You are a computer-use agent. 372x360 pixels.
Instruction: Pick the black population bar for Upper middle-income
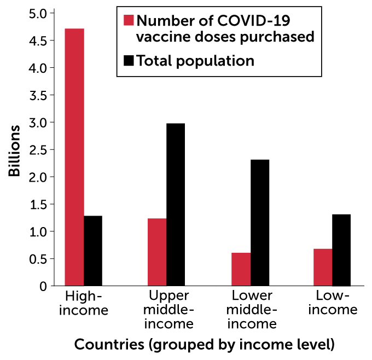coord(176,205)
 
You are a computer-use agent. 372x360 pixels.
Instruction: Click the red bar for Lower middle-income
coord(241,269)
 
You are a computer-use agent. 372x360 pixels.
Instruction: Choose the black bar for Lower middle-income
coord(259,223)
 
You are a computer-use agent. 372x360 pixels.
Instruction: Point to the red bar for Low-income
coord(323,268)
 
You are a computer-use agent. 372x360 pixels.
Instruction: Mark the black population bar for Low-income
coord(341,250)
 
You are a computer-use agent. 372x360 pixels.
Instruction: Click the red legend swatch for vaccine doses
coord(129,21)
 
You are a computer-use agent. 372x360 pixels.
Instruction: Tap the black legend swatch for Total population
coord(129,61)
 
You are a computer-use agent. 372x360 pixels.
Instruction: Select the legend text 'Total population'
coord(195,61)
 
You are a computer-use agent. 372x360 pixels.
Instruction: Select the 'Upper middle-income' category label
coord(170,310)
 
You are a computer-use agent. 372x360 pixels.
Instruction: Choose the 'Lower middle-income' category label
coord(252,310)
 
